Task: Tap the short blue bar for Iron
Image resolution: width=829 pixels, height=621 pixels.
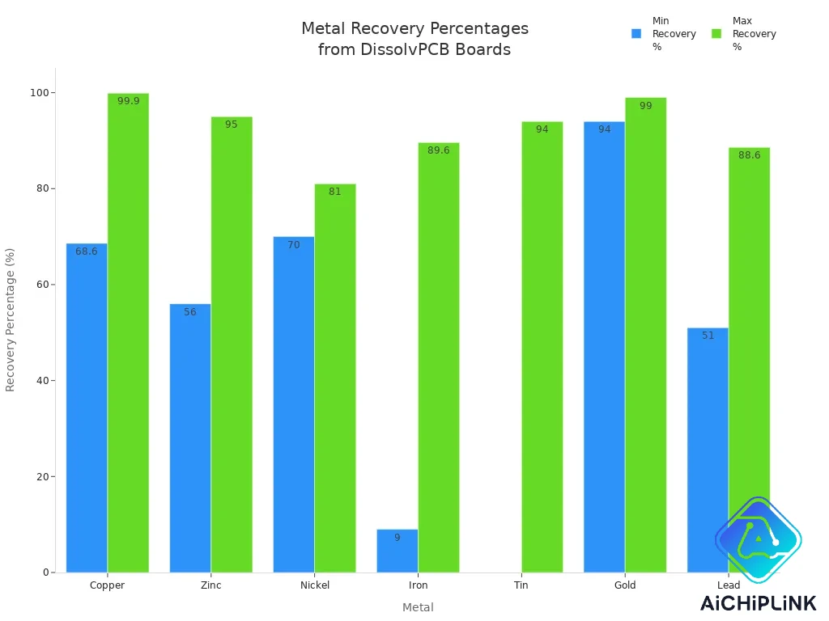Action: (x=397, y=551)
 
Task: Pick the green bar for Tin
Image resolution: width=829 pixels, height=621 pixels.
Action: (x=542, y=347)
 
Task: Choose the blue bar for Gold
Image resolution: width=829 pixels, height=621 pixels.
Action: (x=604, y=347)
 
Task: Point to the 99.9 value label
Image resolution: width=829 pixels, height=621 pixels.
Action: (x=128, y=101)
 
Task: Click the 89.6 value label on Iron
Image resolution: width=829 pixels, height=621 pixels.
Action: (x=438, y=150)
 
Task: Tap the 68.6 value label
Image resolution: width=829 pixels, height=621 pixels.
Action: (x=87, y=251)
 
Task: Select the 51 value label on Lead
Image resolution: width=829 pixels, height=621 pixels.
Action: (x=708, y=336)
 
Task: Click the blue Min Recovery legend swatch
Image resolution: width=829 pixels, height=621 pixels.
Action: (x=636, y=34)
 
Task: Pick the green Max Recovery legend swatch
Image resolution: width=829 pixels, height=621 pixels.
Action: (x=716, y=34)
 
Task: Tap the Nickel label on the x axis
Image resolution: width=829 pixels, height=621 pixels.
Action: (x=314, y=585)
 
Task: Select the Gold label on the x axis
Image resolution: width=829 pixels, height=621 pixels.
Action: (x=624, y=585)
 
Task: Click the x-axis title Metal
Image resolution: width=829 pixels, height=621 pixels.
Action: (x=418, y=607)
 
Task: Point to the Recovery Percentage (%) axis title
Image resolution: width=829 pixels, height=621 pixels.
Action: (x=11, y=319)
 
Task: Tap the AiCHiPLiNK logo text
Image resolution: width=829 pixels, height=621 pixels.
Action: (x=758, y=603)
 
